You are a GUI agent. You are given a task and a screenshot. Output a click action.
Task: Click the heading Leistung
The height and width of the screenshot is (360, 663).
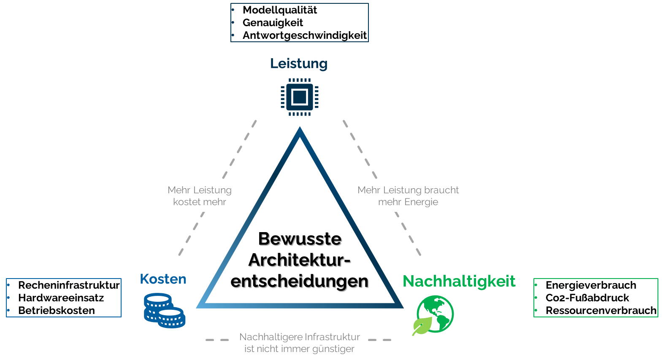pyautogui.click(x=299, y=64)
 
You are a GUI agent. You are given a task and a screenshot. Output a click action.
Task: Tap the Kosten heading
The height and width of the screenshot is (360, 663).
pyautogui.click(x=163, y=279)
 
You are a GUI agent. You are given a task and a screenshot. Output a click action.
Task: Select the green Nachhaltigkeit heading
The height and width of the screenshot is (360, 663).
pyautogui.click(x=459, y=282)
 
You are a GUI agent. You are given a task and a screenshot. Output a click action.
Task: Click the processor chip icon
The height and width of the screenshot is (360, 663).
pyautogui.click(x=300, y=97)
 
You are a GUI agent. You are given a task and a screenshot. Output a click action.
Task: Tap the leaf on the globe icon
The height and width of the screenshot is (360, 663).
pyautogui.click(x=422, y=325)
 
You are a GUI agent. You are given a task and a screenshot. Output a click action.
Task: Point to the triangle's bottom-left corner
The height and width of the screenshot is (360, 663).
pyautogui.click(x=199, y=306)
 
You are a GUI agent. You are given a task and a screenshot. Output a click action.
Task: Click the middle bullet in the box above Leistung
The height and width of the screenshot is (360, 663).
pyautogui.click(x=233, y=22)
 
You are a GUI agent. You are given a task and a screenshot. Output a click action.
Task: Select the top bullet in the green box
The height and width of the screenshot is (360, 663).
pyautogui.click(x=536, y=285)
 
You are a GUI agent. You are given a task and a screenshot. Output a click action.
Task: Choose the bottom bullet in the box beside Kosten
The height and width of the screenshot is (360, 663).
pyautogui.click(x=8, y=310)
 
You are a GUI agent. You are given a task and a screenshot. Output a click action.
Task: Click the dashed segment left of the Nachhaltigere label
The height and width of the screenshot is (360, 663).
pyautogui.click(x=217, y=340)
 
